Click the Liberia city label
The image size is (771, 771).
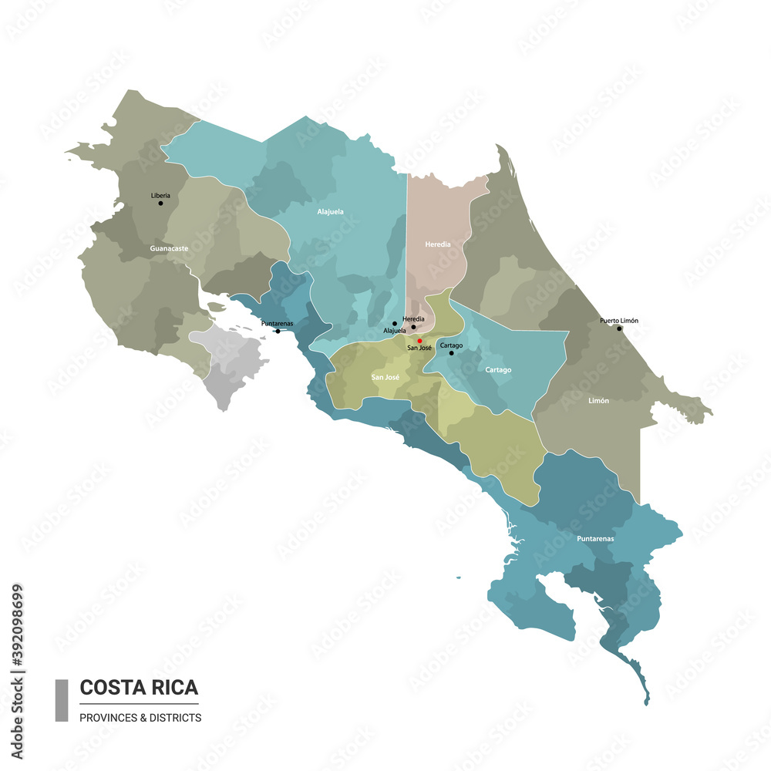[160, 195]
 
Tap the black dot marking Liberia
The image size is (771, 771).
[160, 203]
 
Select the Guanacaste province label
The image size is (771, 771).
[169, 249]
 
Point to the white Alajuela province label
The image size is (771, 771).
[330, 210]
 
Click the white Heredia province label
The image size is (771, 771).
[438, 244]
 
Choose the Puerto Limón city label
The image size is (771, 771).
[619, 321]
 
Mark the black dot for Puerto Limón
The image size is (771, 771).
[619, 328]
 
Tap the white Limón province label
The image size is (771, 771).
[598, 401]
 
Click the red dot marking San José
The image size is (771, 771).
[419, 340]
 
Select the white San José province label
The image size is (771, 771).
[385, 377]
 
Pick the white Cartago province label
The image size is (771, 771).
[498, 370]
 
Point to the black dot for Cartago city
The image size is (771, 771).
[451, 353]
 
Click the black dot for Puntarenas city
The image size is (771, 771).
[278, 331]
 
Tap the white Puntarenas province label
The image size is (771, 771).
[595, 538]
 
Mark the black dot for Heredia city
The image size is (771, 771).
[413, 327]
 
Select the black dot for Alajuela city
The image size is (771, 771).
[395, 324]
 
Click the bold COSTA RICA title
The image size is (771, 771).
[139, 687]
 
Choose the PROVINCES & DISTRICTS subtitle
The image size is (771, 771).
[140, 717]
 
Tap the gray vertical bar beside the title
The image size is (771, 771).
[62, 700]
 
